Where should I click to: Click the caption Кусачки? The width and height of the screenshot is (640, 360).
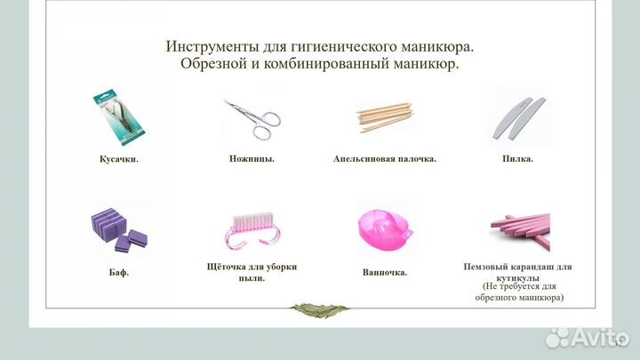[x=118, y=159]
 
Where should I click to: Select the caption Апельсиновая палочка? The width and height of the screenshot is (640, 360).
[x=385, y=159]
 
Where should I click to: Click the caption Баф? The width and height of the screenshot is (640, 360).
[x=118, y=272]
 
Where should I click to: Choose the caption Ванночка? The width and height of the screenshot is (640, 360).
[x=385, y=272]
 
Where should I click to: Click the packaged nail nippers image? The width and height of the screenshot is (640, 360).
[x=117, y=117]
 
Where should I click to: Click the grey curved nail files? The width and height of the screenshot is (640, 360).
[x=517, y=116]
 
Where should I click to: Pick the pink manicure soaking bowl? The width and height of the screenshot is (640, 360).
[x=384, y=230]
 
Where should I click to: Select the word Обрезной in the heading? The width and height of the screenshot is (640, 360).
[x=212, y=65]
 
